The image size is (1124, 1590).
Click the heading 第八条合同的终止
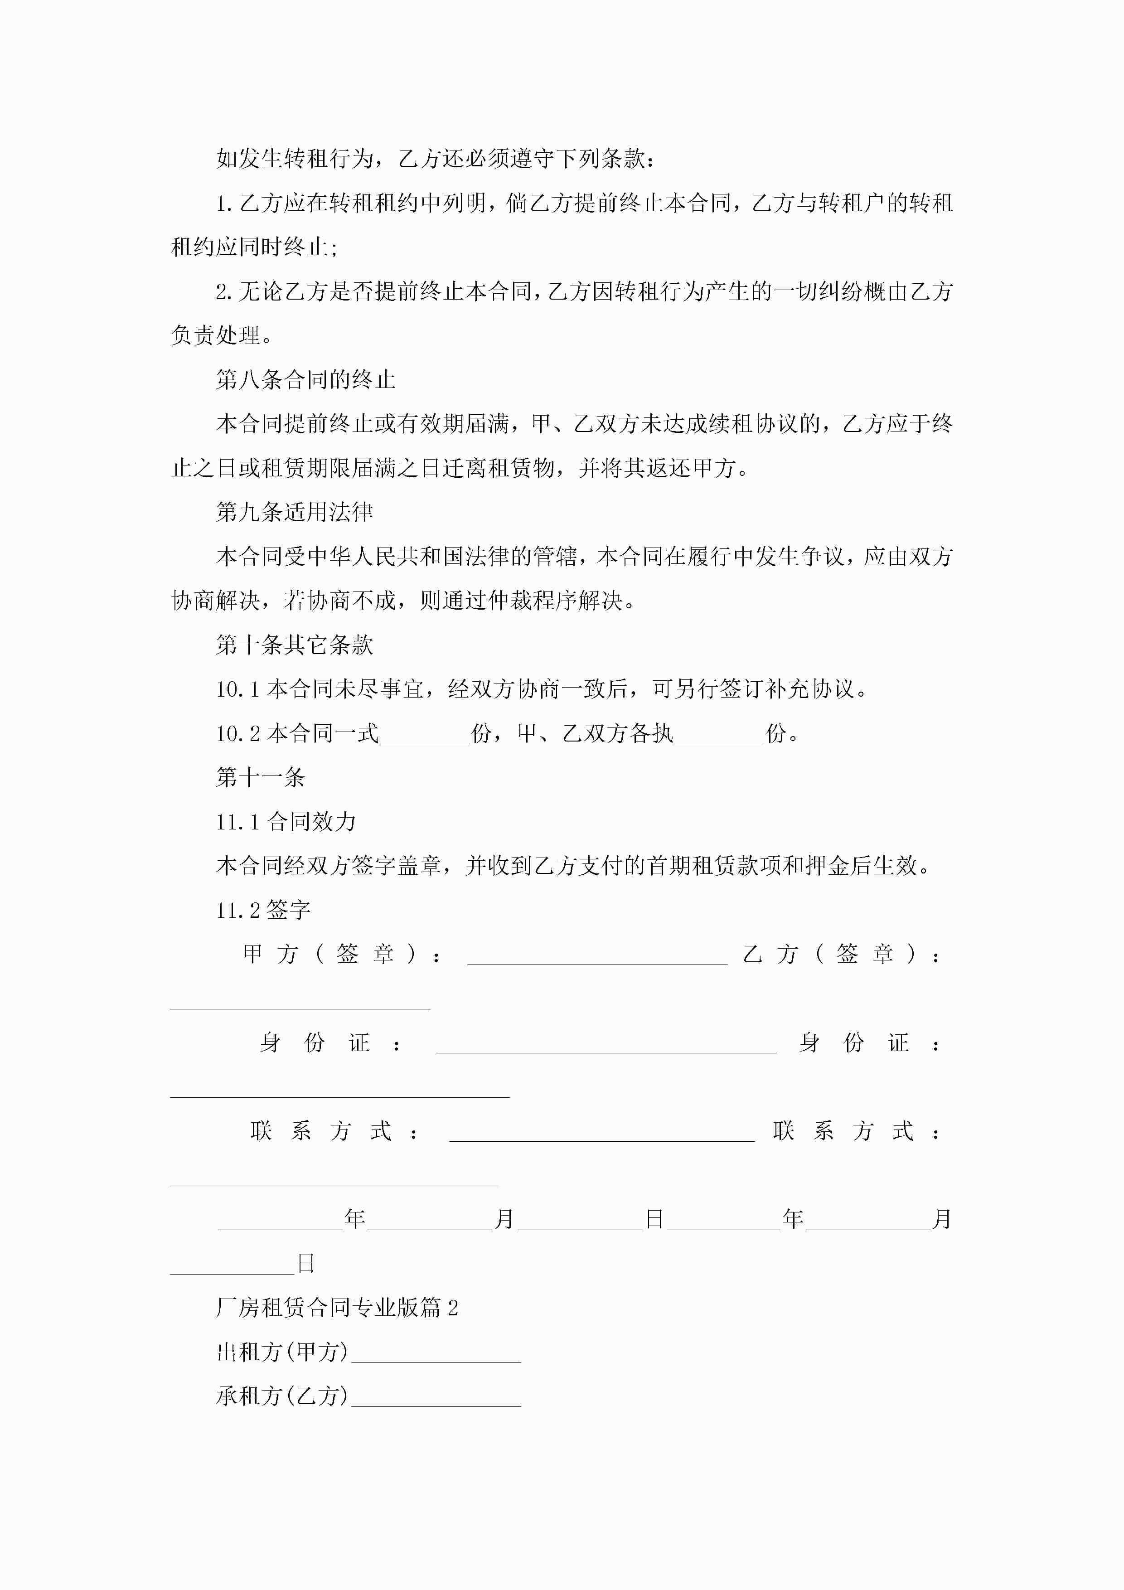point(305,379)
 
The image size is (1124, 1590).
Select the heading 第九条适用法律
point(294,513)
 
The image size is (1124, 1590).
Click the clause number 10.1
point(237,690)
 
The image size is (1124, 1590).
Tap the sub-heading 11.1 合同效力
point(286,822)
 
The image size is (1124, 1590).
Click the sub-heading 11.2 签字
point(263,910)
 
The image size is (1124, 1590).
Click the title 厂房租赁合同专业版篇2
point(337,1308)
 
